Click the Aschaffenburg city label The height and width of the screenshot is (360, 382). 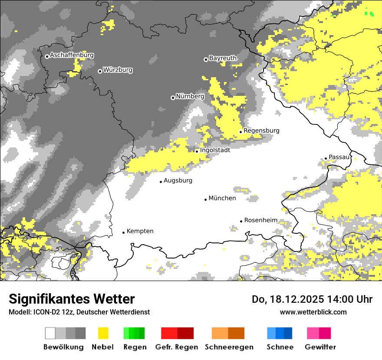click(72, 56)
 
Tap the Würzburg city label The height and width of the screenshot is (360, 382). click(118, 70)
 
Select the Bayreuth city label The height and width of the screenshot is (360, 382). click(223, 58)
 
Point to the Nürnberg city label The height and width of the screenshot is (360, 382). click(190, 96)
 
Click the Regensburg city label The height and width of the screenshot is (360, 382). click(261, 131)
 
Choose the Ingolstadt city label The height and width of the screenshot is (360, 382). click(215, 150)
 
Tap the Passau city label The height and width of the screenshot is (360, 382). click(339, 157)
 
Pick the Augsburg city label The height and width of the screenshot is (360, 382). click(178, 180)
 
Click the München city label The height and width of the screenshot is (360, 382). click(222, 198)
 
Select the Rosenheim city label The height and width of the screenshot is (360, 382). click(260, 220)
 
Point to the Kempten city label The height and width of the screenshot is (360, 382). click(140, 231)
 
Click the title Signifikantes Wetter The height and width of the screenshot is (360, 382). click(72, 299)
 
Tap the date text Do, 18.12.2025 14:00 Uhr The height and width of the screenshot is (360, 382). click(312, 299)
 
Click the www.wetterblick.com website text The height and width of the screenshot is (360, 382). click(313, 312)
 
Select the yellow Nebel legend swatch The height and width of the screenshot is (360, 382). click(103, 333)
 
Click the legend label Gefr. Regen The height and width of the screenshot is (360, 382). click(177, 347)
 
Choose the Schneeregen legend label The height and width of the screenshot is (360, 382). click(229, 347)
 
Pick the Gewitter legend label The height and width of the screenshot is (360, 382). click(320, 347)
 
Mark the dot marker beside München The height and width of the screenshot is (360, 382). click(206, 200)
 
